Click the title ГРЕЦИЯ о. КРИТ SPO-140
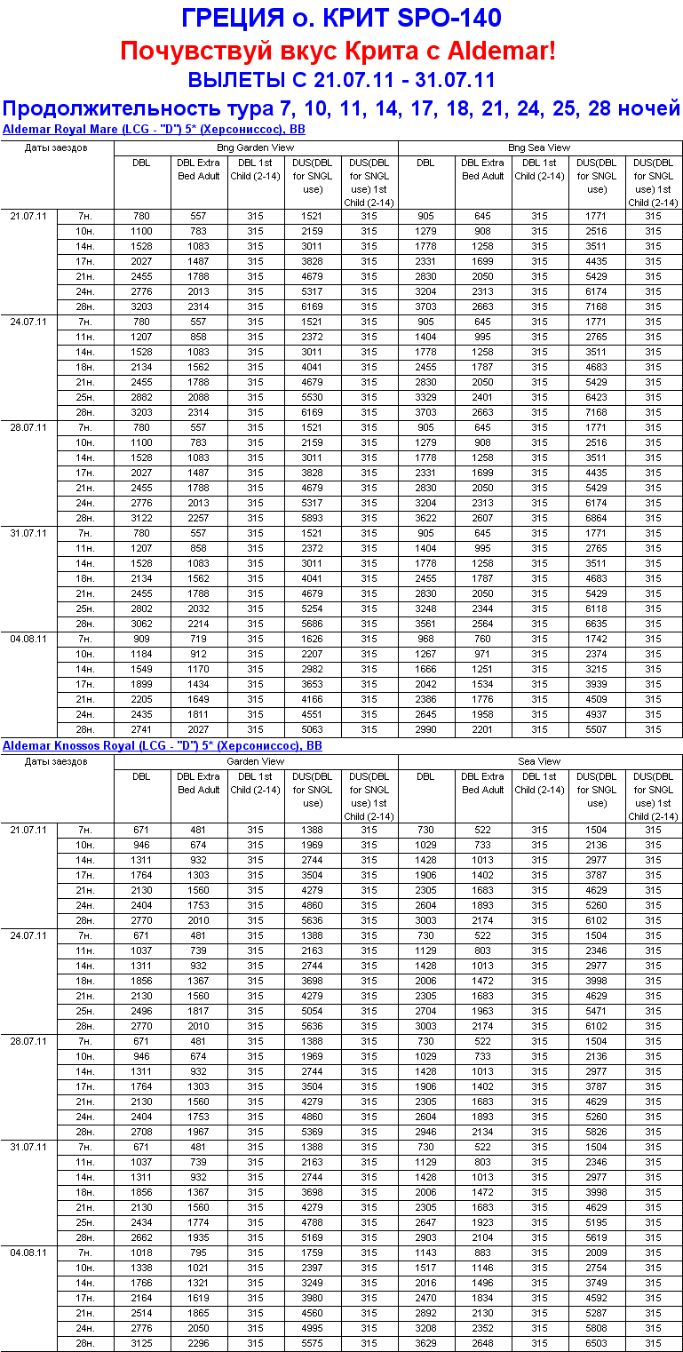pos(341,18)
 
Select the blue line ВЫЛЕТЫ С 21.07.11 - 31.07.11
pos(341,80)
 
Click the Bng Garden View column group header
pos(256,147)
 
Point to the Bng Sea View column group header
pos(540,147)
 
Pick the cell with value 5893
pos(313,518)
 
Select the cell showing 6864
pos(597,518)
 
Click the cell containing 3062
pos(142,624)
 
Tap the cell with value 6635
pos(597,624)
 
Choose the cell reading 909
pos(142,639)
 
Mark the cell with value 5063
pos(313,729)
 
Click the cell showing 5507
pos(597,729)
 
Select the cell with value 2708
pos(142,1132)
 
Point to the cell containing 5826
pos(597,1132)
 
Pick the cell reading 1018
pos(142,1253)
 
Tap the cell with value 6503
pos(597,1343)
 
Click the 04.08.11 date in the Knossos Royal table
pos(28,1253)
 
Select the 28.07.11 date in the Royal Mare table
pos(28,427)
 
